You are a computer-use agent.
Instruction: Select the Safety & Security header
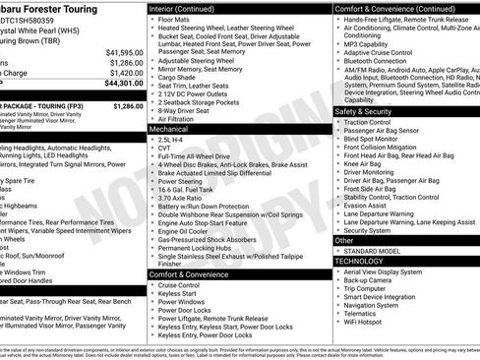(x=361, y=112)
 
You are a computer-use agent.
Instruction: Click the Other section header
(x=344, y=240)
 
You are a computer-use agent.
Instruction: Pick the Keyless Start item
(x=179, y=293)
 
